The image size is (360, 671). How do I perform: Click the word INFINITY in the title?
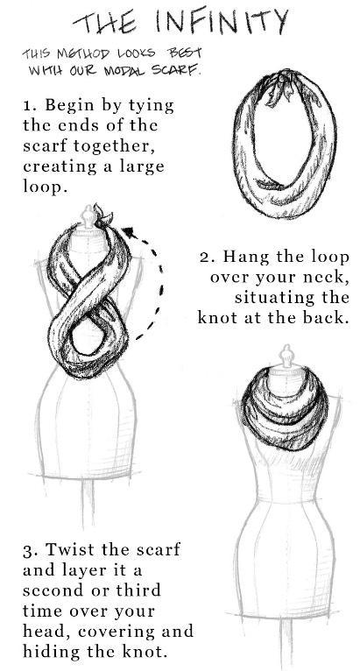click(x=221, y=21)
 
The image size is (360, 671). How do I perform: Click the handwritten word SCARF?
click(x=175, y=69)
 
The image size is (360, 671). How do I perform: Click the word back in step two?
click(x=325, y=317)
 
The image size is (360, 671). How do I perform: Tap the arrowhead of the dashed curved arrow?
click(x=131, y=234)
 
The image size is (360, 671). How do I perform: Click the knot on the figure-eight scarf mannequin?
click(x=101, y=216)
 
